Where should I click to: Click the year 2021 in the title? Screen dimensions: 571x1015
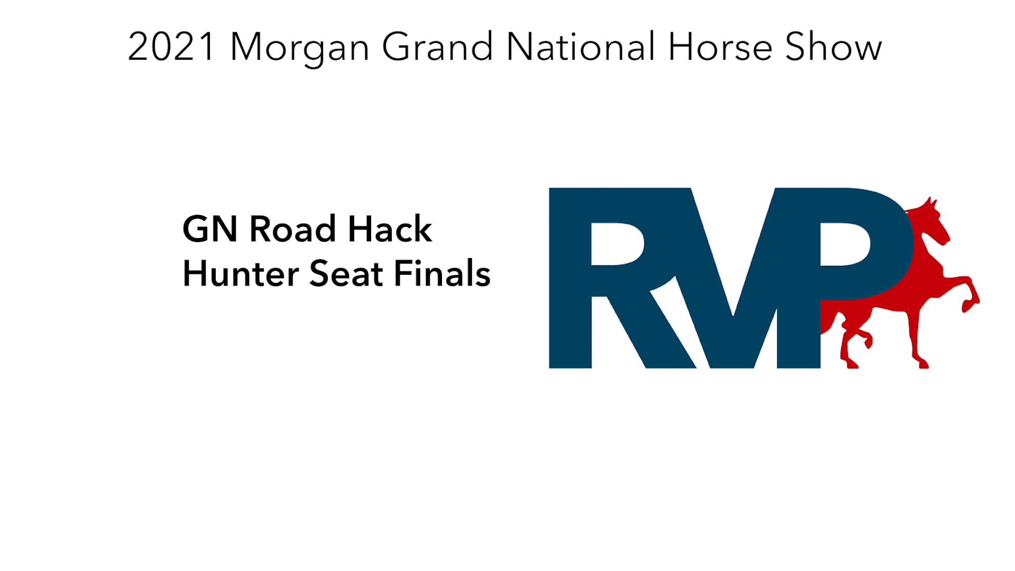pyautogui.click(x=171, y=48)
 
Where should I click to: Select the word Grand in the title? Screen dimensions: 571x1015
pyautogui.click(x=437, y=48)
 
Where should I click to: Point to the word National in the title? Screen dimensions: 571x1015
pyautogui.click(x=580, y=48)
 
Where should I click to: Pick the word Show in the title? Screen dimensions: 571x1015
pyautogui.click(x=833, y=48)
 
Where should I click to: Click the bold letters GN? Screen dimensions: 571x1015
pyautogui.click(x=209, y=229)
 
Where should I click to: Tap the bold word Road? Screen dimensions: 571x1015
pyautogui.click(x=292, y=229)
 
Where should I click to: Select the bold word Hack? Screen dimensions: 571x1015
pyautogui.click(x=390, y=229)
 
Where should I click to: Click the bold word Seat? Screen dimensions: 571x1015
pyautogui.click(x=346, y=274)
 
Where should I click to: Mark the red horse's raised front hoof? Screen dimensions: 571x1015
pyautogui.click(x=968, y=304)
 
